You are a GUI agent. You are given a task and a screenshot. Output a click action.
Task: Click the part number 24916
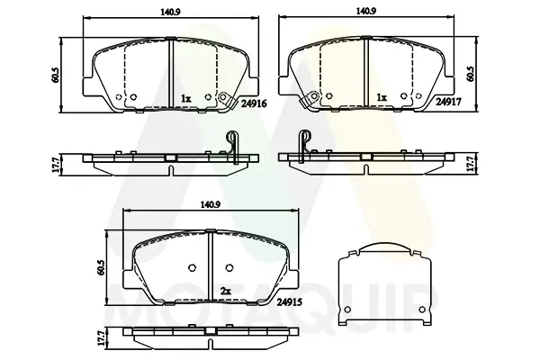pyautogui.click(x=254, y=103)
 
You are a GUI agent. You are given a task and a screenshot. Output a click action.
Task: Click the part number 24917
pyautogui.click(x=448, y=102)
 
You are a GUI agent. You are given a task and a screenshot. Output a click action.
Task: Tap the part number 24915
pyautogui.click(x=290, y=302)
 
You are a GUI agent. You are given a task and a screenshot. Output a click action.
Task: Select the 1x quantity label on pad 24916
pyautogui.click(x=186, y=99)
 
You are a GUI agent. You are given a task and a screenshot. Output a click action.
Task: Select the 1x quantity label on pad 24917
pyautogui.click(x=382, y=98)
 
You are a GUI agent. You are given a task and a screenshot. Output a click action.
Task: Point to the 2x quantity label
pyautogui.click(x=226, y=292)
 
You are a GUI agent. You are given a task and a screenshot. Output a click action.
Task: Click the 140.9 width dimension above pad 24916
pyautogui.click(x=170, y=12)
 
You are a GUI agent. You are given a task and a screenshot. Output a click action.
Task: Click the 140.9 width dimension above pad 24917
pyautogui.click(x=366, y=11)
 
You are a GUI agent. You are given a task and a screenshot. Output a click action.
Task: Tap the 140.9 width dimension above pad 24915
pyautogui.click(x=210, y=204)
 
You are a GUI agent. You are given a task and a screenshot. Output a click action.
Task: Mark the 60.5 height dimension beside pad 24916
pyautogui.click(x=56, y=75)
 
